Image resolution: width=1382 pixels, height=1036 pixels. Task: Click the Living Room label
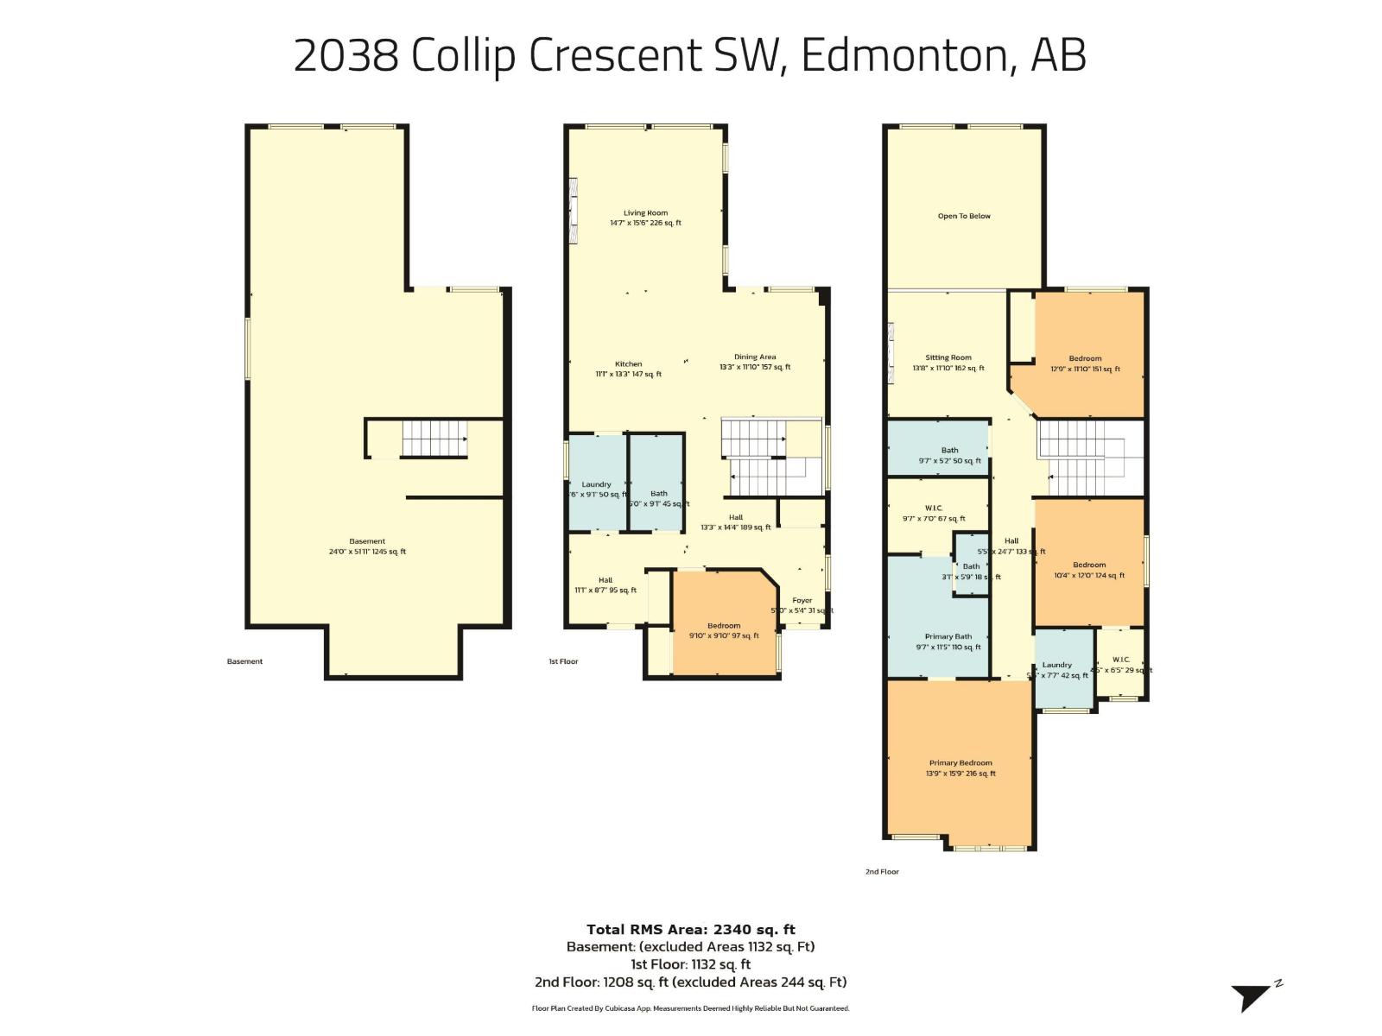645,213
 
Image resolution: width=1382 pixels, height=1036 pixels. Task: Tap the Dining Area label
755,357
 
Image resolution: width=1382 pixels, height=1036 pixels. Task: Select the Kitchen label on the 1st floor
628,364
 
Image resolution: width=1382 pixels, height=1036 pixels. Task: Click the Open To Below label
964,216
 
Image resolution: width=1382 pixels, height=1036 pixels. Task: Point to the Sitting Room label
948,357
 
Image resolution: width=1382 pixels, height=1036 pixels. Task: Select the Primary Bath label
948,636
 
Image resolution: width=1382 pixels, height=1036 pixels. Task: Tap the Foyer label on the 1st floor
802,600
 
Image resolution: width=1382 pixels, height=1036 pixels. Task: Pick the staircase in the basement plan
434,439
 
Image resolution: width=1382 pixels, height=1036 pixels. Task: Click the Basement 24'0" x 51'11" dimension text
367,552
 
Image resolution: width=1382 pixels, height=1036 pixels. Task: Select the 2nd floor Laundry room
1062,669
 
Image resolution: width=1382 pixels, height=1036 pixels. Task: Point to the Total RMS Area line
690,930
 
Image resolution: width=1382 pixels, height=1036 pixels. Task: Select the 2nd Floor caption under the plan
882,872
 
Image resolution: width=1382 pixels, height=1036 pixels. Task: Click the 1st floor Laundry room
596,485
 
